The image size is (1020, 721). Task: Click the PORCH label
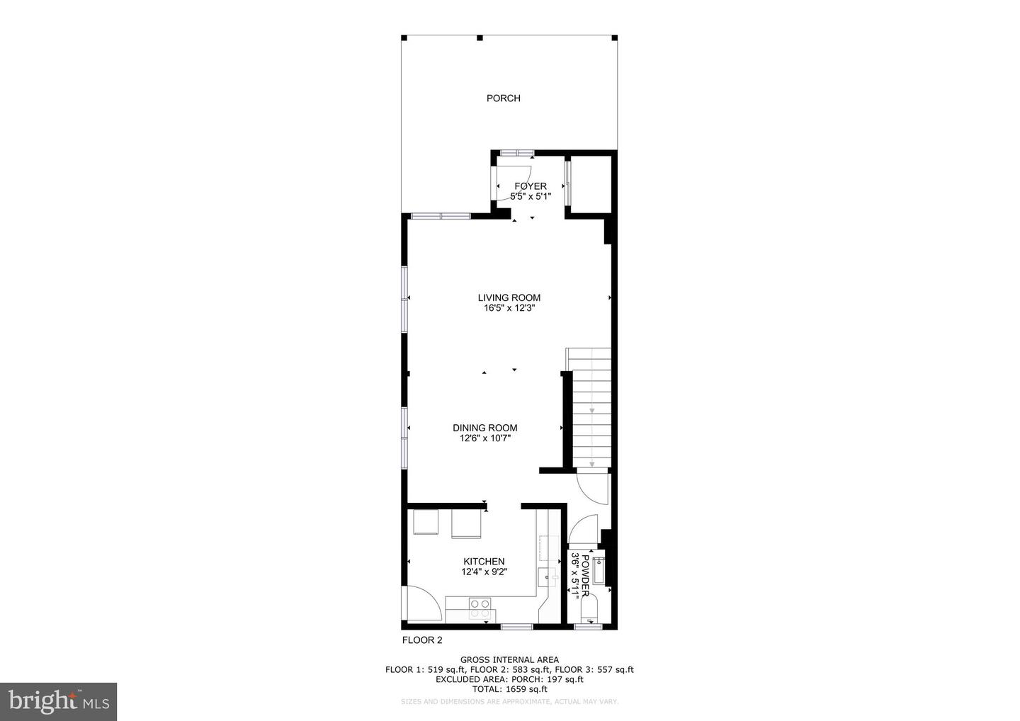(503, 98)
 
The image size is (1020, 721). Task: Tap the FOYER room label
(531, 186)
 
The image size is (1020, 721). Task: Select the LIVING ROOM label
(509, 298)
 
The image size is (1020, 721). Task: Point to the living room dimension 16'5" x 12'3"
(509, 309)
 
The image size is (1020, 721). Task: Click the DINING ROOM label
(485, 428)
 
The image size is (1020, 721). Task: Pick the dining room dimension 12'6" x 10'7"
(485, 438)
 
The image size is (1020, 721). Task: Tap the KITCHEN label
(484, 562)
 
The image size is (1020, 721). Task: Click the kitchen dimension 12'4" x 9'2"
(484, 572)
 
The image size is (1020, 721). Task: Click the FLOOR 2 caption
(422, 640)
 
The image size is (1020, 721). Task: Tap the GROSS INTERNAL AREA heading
(509, 660)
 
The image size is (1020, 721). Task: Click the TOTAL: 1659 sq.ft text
(509, 689)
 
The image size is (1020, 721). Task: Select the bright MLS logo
(58, 701)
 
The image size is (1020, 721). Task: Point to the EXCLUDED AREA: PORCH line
(509, 679)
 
